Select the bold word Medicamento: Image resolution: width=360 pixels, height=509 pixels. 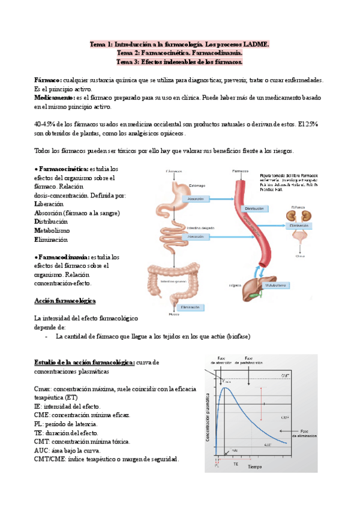coord(55,97)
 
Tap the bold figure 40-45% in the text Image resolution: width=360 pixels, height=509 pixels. coord(46,124)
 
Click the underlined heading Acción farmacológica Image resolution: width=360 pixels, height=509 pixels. coord(65,300)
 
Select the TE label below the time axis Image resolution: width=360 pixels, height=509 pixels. coord(235,465)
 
